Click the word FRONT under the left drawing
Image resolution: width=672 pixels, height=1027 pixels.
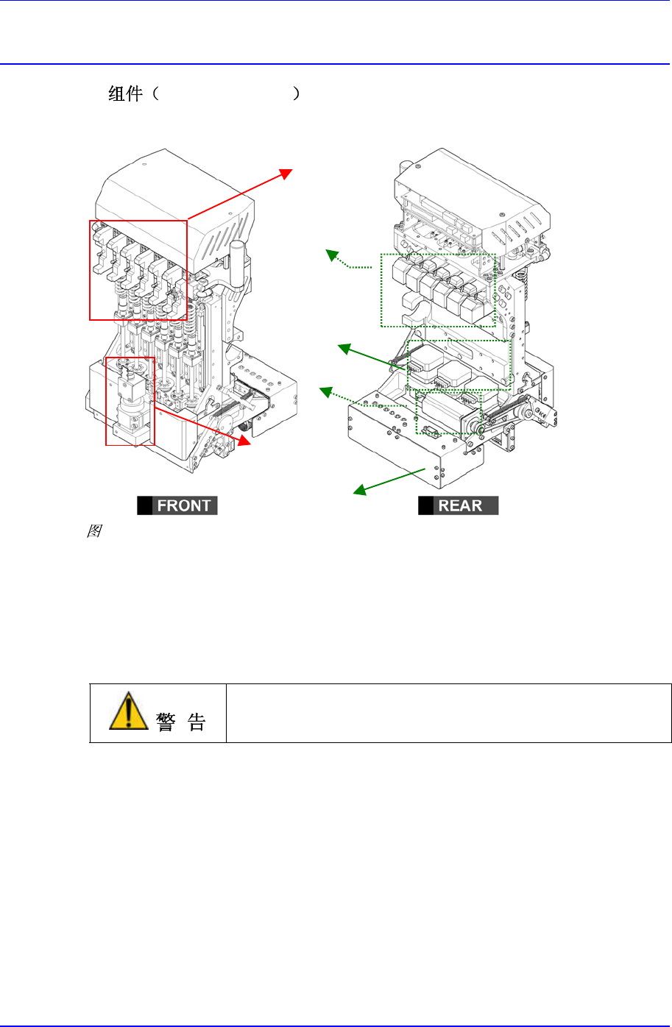pos(184,505)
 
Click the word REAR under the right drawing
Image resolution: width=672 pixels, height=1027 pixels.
pos(460,505)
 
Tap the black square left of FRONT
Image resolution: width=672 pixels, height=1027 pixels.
pos(145,505)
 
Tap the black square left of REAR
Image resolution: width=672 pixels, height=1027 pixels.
pos(426,505)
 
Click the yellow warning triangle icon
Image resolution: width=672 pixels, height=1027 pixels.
pos(128,711)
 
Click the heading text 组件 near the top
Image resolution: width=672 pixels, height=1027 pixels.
pos(125,94)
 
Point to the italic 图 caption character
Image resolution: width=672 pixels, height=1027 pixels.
pos(93,530)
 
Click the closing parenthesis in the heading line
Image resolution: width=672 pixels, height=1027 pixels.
pos(296,94)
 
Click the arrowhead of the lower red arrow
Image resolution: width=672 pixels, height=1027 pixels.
pos(245,442)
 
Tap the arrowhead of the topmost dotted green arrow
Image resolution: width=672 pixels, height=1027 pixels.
pos(330,254)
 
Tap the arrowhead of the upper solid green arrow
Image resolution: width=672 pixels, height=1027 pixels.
pos(342,348)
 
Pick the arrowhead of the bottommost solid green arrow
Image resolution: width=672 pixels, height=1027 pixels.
pos(358,491)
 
